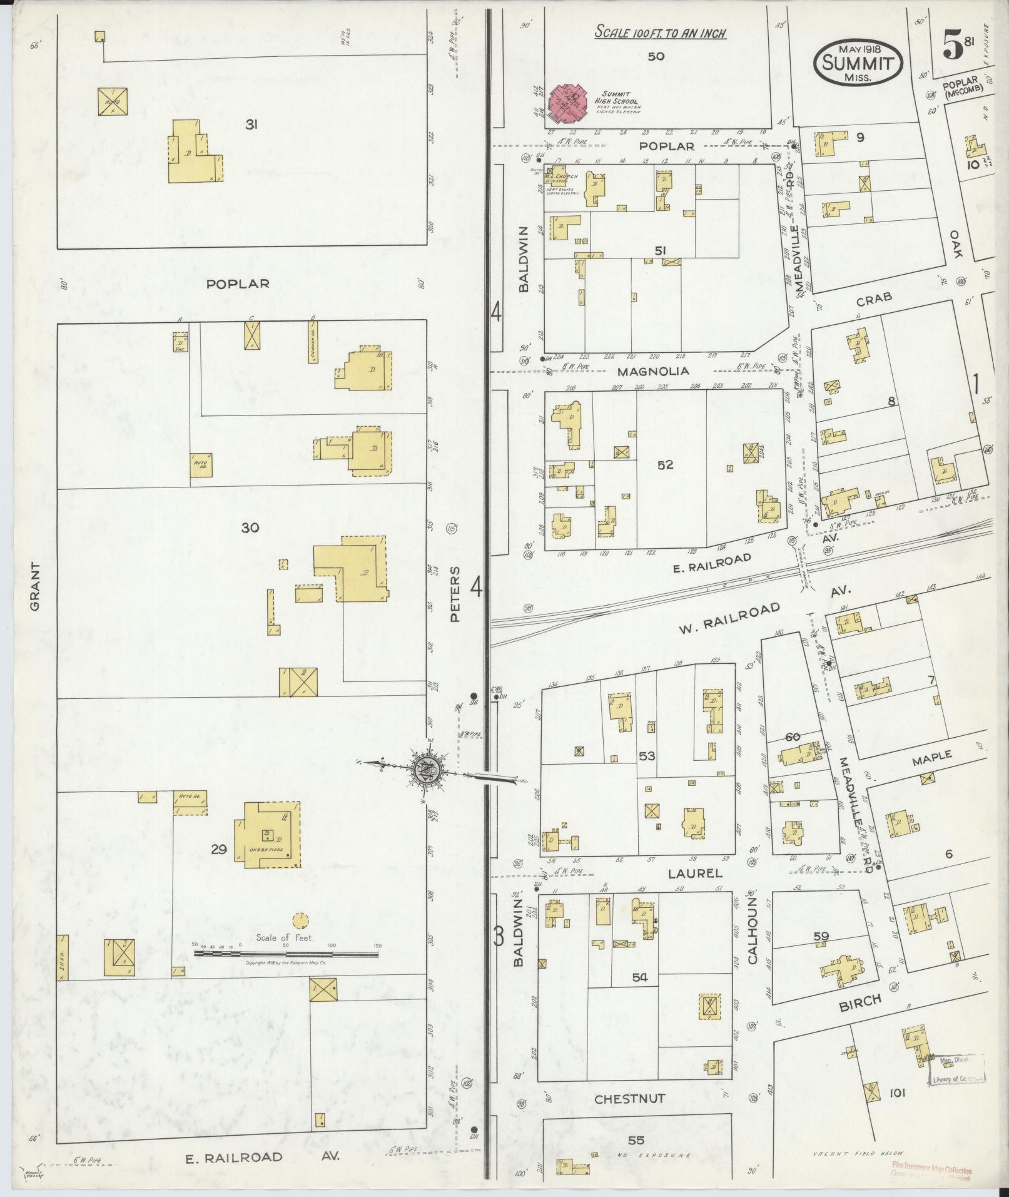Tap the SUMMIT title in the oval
pyautogui.click(x=858, y=63)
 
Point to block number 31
pyautogui.click(x=251, y=125)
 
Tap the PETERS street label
pyautogui.click(x=455, y=594)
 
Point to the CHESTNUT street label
pyautogui.click(x=629, y=1099)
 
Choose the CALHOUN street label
pyautogui.click(x=753, y=930)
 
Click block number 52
pyautogui.click(x=665, y=465)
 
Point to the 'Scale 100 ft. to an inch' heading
pyautogui.click(x=660, y=33)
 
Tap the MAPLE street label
pyautogui.click(x=931, y=756)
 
